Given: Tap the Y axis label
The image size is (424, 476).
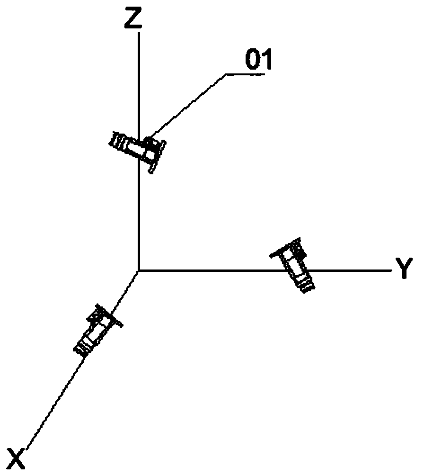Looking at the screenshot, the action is click(x=404, y=270).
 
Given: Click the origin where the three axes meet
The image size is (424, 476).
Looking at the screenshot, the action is click(x=138, y=270).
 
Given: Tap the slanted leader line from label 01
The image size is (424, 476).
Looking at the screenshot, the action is click(x=189, y=107).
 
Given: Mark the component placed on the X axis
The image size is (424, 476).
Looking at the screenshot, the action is click(x=97, y=330).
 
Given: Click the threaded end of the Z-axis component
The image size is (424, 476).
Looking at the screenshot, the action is click(x=118, y=142).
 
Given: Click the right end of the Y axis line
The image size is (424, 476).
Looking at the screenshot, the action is click(x=391, y=270).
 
